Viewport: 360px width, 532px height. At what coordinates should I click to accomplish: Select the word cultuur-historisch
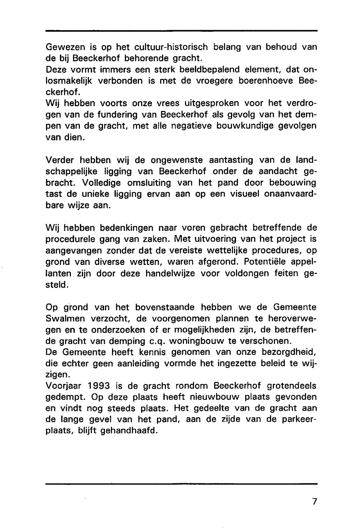click(x=171, y=47)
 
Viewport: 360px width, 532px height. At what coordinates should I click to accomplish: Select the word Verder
click(x=60, y=160)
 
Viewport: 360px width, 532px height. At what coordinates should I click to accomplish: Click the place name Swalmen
click(x=63, y=319)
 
